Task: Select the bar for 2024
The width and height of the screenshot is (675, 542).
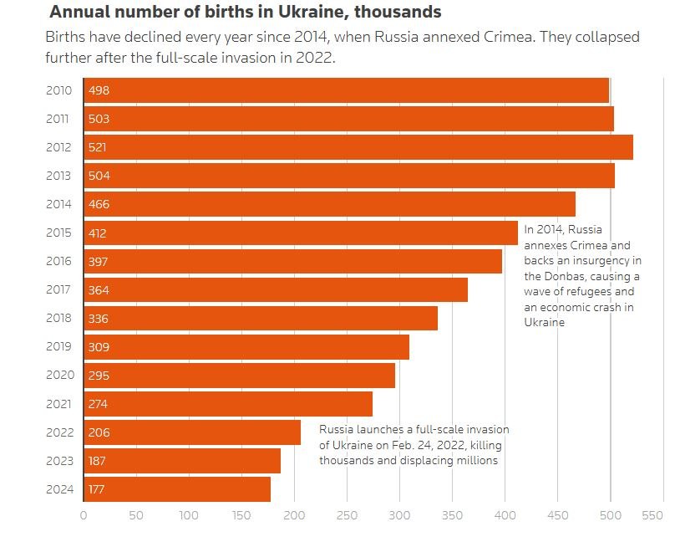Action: tap(177, 489)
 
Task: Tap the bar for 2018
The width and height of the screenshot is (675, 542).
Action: tap(261, 319)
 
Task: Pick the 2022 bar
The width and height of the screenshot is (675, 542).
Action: tap(192, 432)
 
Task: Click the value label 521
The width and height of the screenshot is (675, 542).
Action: tap(99, 147)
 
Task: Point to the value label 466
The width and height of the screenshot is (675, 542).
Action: tap(99, 204)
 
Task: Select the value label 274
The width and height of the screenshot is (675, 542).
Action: tap(99, 404)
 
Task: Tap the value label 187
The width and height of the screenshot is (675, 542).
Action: tap(99, 461)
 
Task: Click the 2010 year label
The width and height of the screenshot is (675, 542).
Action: tap(59, 90)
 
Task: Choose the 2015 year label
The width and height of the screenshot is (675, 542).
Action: tap(59, 233)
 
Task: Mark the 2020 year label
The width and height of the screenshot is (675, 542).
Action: tap(59, 376)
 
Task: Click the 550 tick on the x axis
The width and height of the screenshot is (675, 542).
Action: tap(652, 516)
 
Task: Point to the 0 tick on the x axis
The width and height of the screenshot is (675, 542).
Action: tap(84, 516)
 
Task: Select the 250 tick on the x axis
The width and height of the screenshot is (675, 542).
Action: tap(347, 516)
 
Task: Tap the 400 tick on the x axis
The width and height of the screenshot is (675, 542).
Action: tap(505, 516)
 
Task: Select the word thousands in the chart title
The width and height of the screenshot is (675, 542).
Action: tap(400, 13)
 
